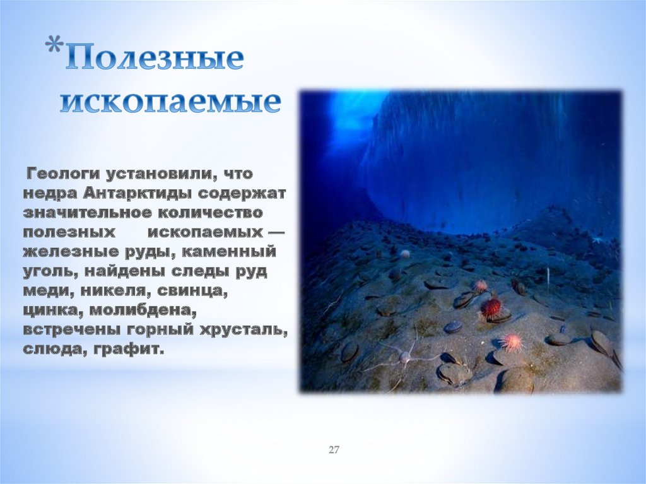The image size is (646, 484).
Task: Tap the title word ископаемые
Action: (x=170, y=101)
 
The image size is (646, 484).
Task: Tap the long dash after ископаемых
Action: (x=276, y=232)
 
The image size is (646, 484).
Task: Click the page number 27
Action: (x=334, y=449)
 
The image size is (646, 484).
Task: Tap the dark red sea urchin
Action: (x=491, y=307)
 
